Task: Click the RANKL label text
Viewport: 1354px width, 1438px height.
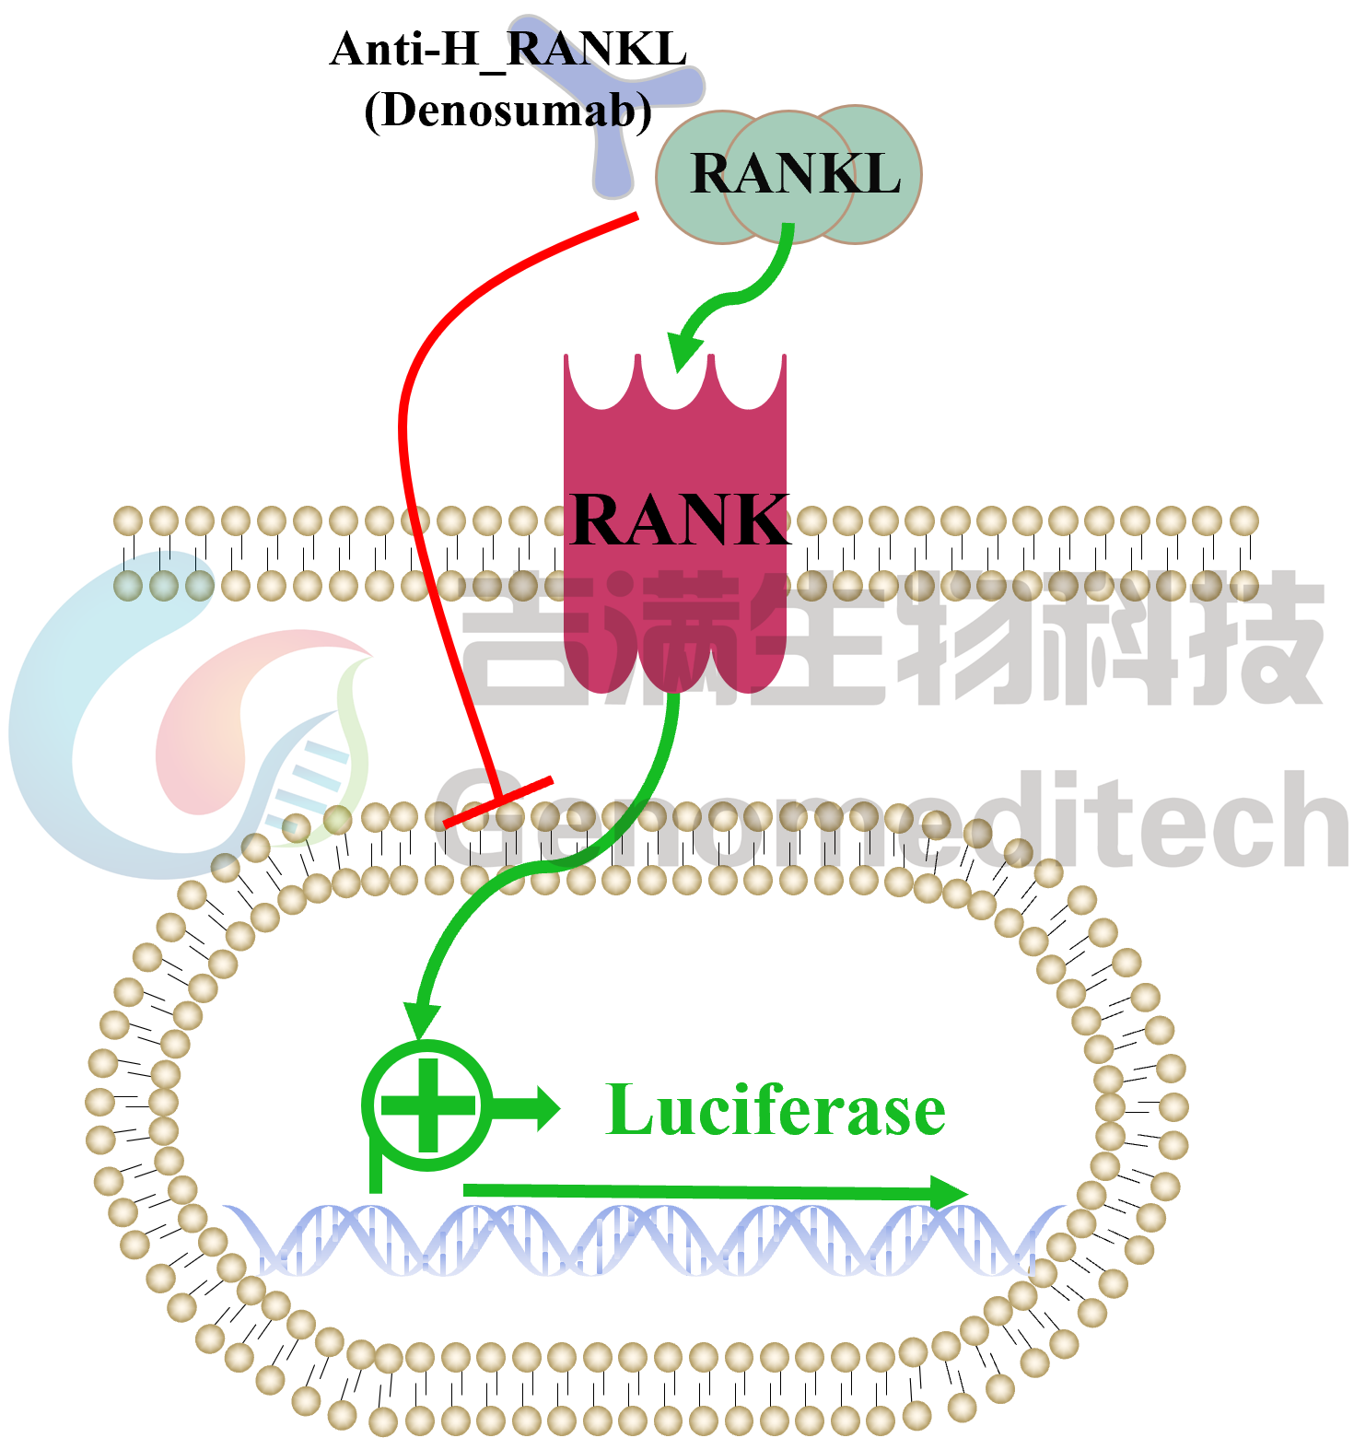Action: tap(794, 173)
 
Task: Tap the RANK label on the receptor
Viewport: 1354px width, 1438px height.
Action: tap(678, 520)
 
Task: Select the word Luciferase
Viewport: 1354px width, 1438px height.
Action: tap(776, 1110)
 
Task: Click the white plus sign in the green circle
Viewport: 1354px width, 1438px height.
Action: tap(427, 1105)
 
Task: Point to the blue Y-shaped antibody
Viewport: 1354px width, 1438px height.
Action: tap(613, 138)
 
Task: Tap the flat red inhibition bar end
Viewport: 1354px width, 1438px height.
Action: tap(498, 802)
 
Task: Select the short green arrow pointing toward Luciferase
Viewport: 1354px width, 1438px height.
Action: tap(530, 1106)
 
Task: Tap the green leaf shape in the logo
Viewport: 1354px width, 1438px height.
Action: tap(355, 737)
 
